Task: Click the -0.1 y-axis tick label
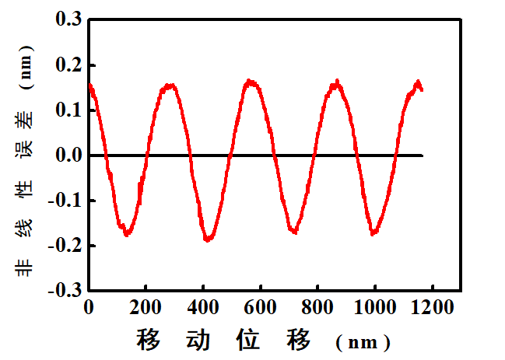pos(65,201)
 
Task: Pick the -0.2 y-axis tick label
pos(65,246)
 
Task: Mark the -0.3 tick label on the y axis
pos(65,291)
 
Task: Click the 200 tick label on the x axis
pos(146,308)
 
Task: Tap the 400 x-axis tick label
pos(203,308)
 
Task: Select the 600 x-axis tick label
pos(260,308)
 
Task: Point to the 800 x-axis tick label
pos(317,308)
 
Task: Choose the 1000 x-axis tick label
pos(374,308)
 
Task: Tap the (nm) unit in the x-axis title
pos(363,342)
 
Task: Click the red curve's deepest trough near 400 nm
pos(209,239)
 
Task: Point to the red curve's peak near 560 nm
pos(250,81)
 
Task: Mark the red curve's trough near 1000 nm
pos(374,232)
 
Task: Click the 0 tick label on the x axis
pos(89,308)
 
